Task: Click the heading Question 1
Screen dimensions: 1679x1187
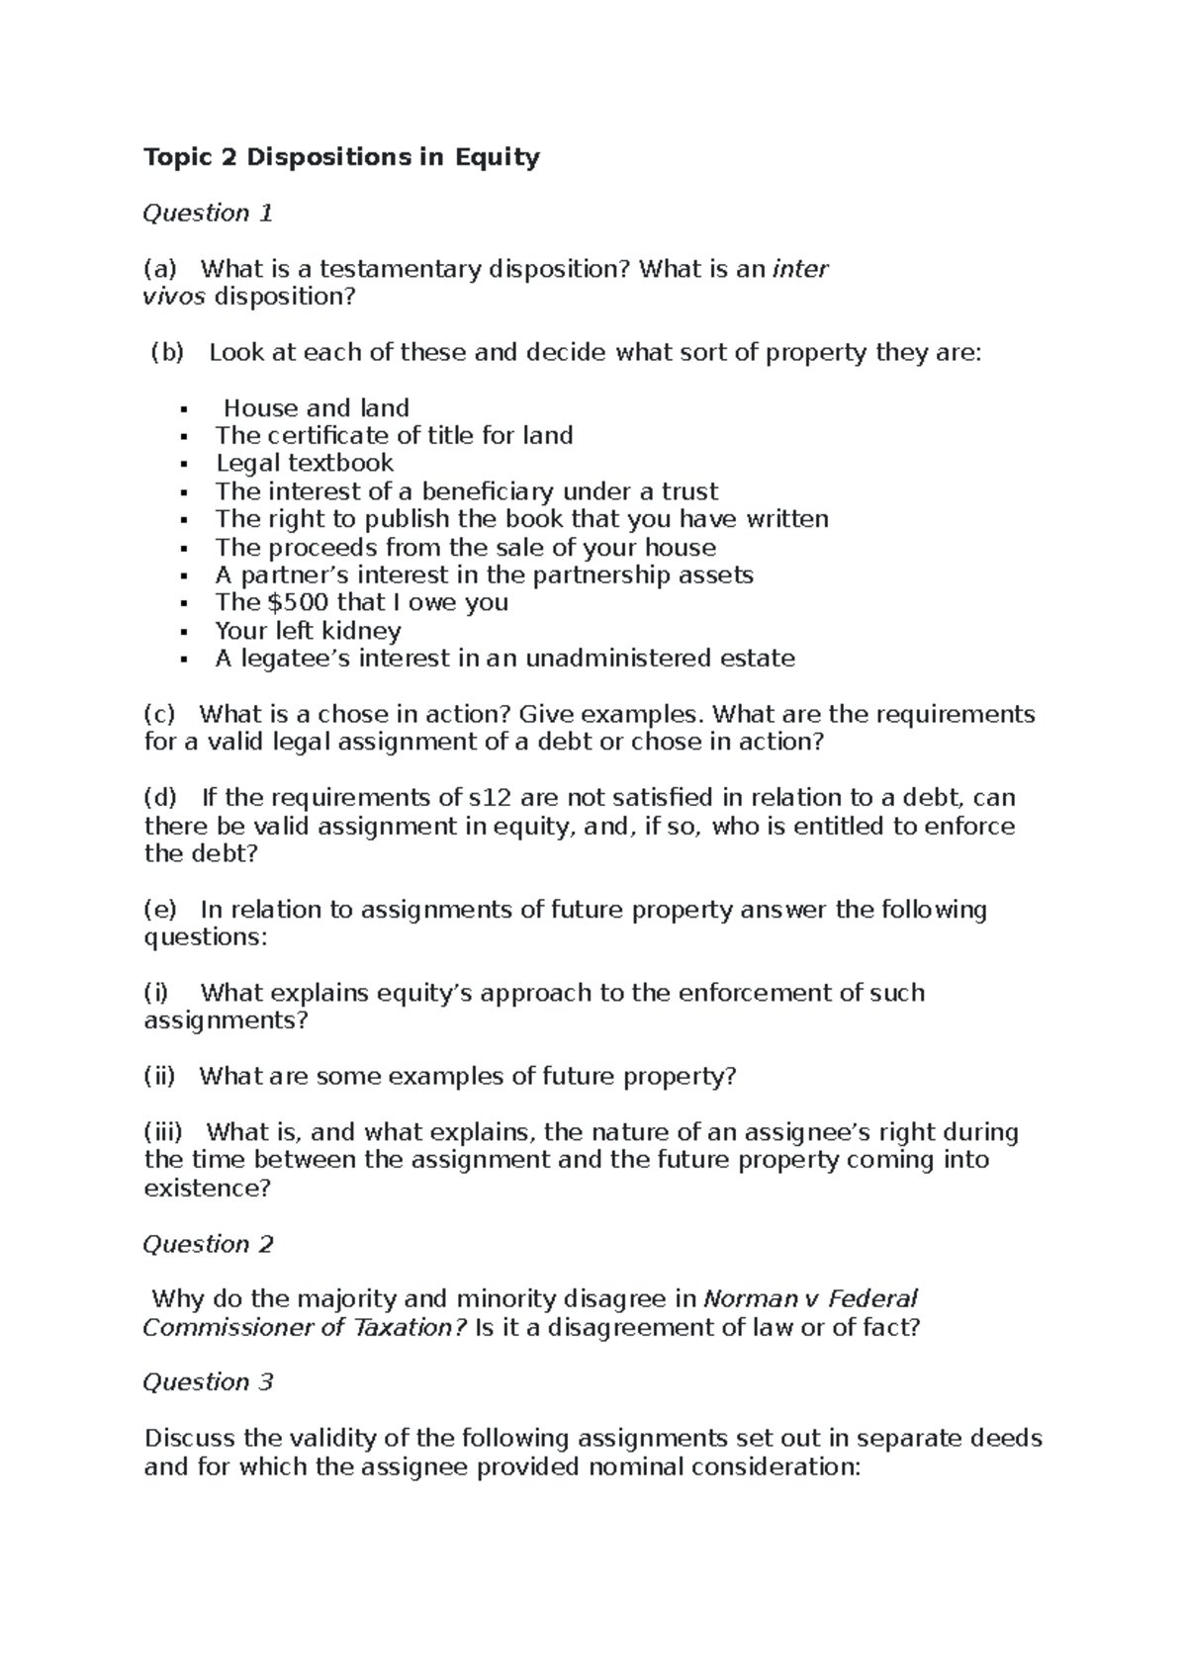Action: coord(208,214)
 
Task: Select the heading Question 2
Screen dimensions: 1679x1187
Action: coord(208,1244)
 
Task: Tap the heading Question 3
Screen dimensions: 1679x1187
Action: coord(208,1382)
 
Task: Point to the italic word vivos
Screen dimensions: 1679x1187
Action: coord(175,297)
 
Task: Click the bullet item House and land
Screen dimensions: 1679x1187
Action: coord(317,408)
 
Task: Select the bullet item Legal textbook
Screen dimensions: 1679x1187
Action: coord(305,464)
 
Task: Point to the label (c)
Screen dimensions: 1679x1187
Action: coord(159,714)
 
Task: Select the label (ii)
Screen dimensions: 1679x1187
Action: coord(159,1076)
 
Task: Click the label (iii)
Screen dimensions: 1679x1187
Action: coord(163,1132)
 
